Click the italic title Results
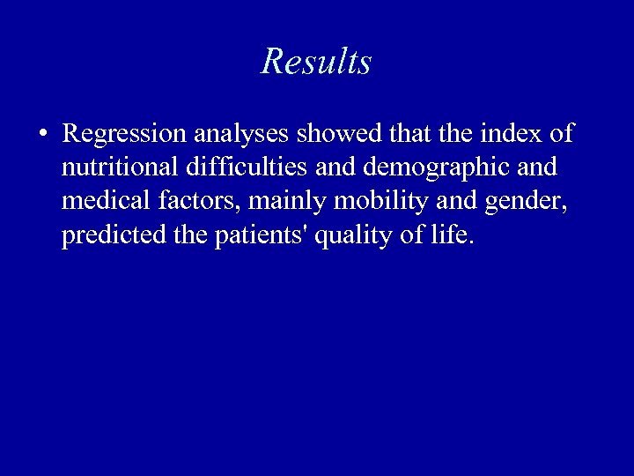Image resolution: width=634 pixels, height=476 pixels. (x=316, y=62)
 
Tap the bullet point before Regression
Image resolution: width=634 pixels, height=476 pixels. (x=42, y=135)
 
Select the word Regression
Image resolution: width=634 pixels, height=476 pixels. (x=124, y=134)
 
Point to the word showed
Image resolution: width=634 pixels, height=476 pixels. (x=339, y=134)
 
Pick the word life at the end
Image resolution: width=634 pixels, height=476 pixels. (x=453, y=237)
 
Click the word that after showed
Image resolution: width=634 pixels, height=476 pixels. (x=409, y=134)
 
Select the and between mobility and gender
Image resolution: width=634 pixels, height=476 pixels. (x=455, y=202)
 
